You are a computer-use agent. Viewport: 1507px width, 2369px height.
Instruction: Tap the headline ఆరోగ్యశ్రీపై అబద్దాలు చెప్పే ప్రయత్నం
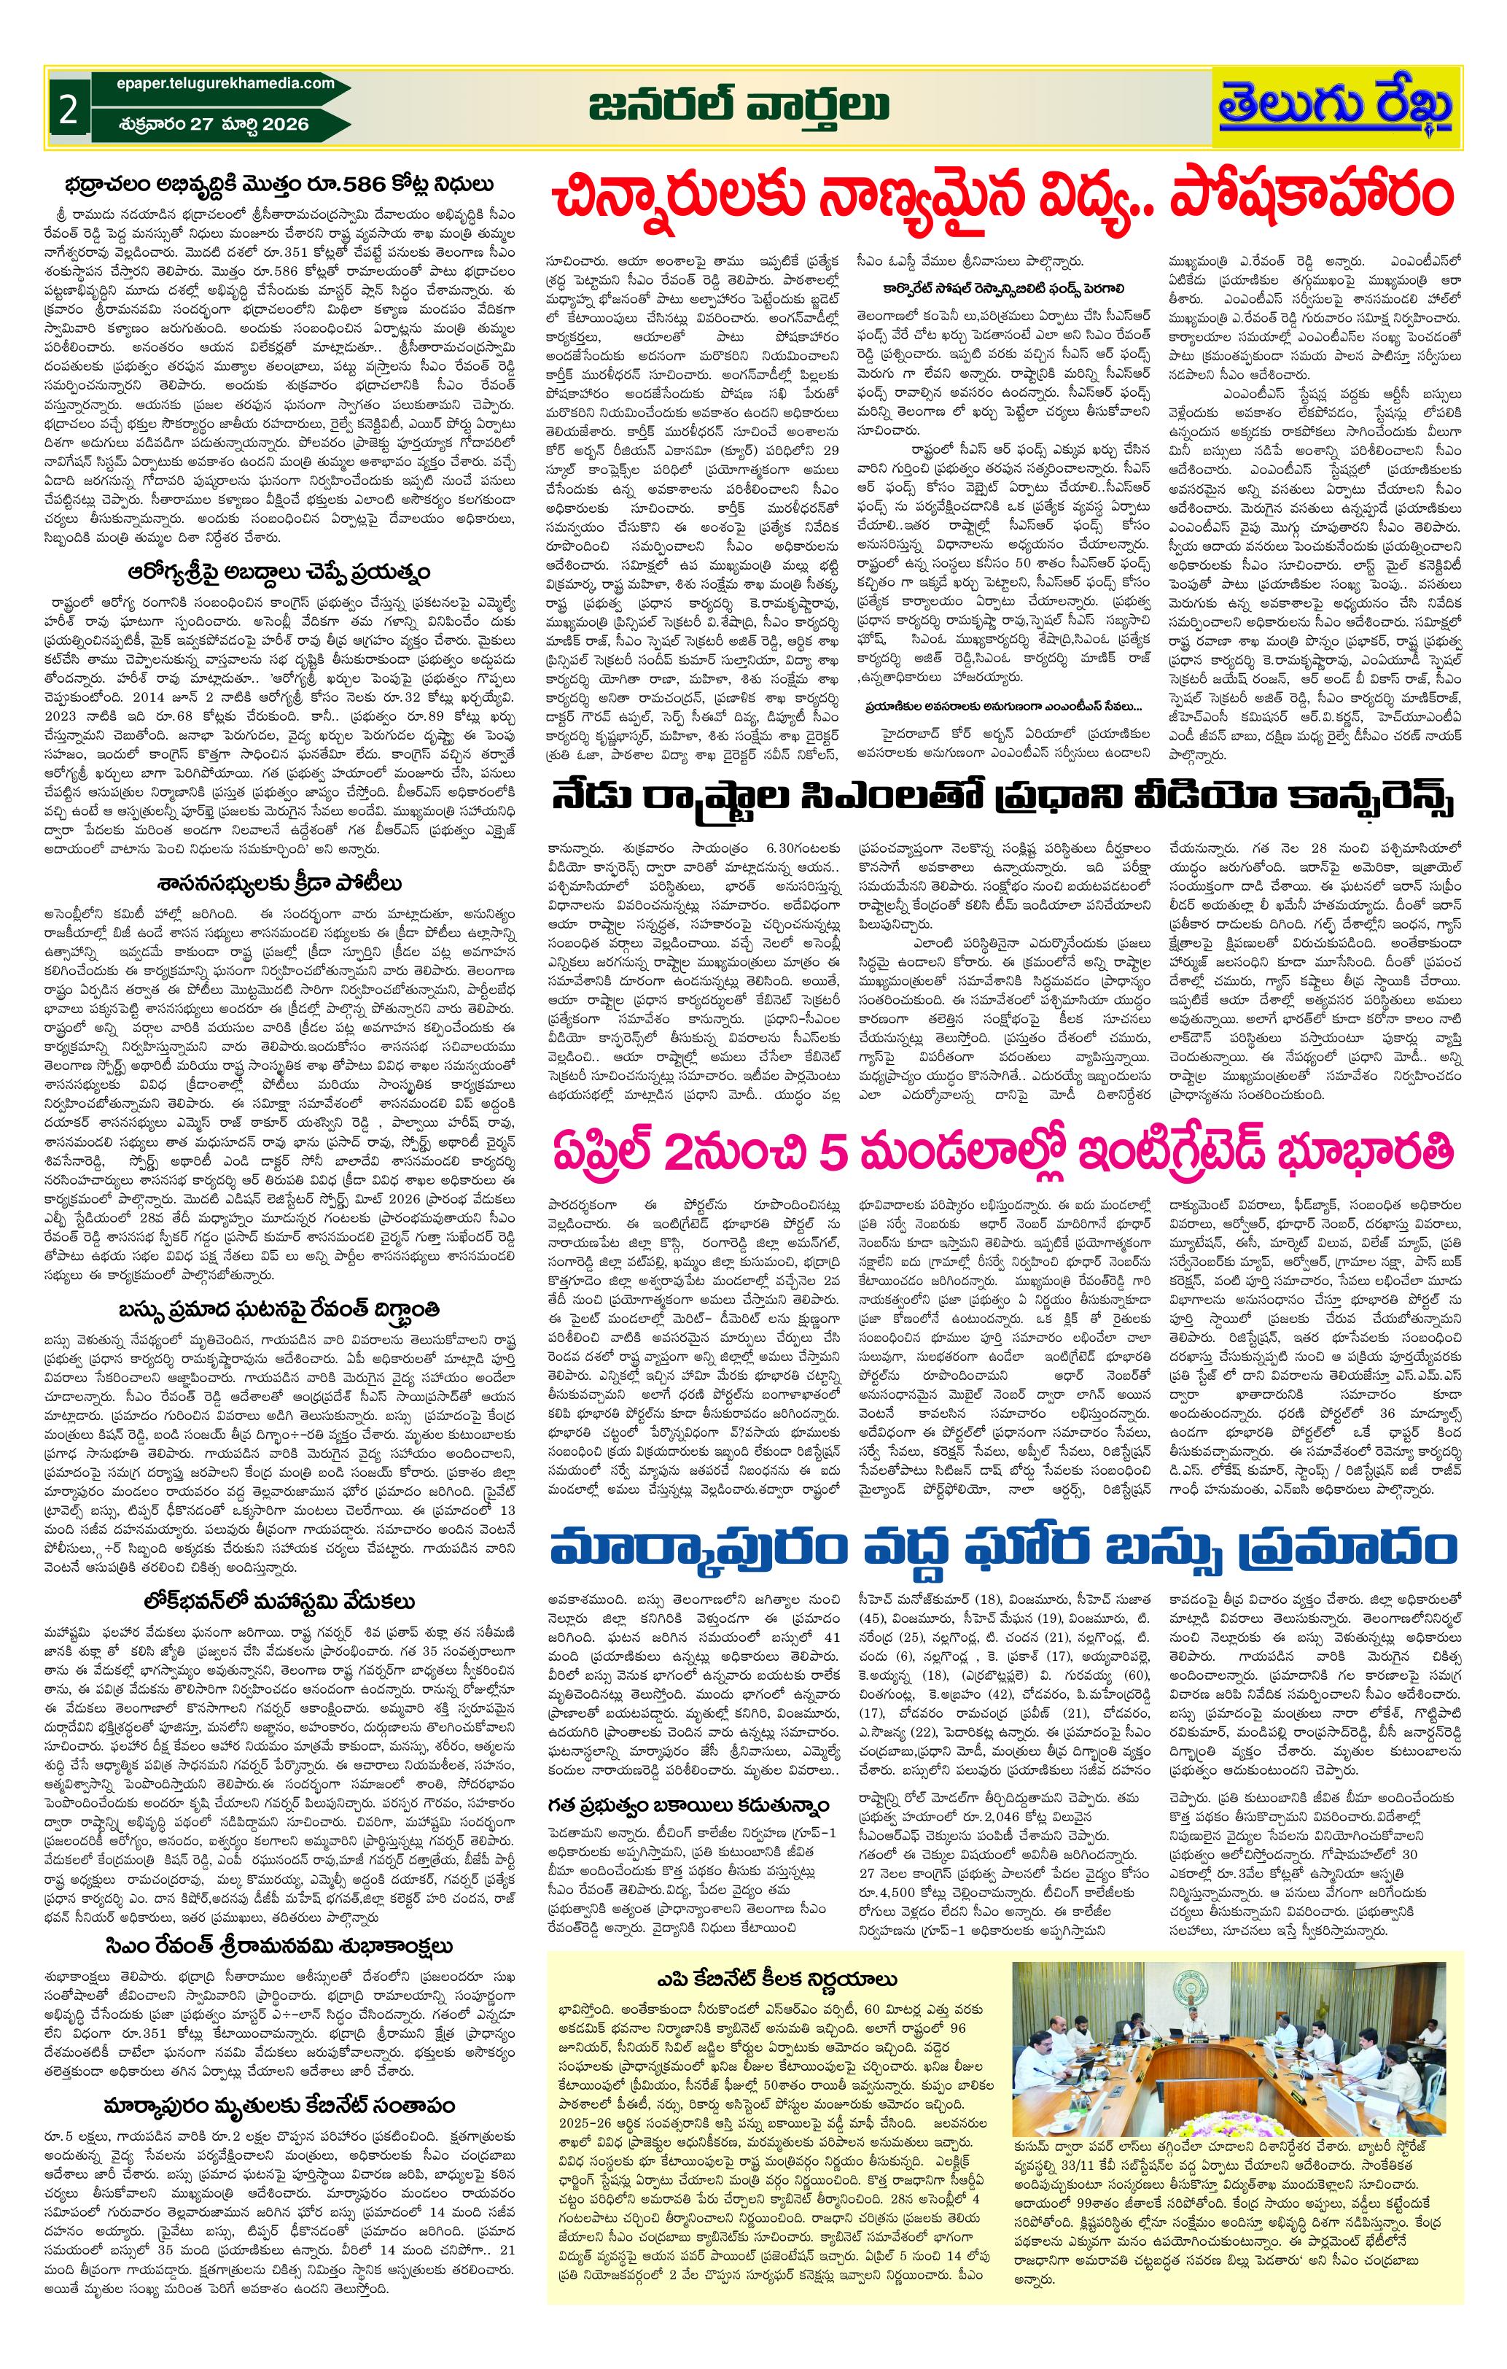pyautogui.click(x=287, y=572)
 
